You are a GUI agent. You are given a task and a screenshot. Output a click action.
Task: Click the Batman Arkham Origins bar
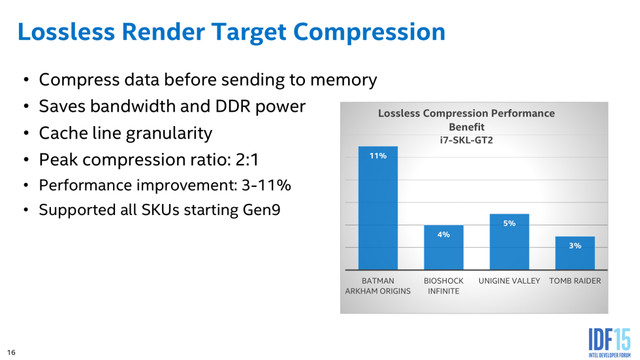pos(378,208)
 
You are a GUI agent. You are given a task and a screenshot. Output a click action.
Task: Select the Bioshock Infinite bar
pos(443,248)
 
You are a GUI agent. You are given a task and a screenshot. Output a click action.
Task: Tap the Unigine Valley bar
pos(509,242)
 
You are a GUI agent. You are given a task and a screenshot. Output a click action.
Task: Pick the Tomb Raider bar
pos(575,253)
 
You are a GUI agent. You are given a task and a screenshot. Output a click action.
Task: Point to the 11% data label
pos(378,155)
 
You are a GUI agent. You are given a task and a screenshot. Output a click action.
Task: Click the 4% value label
pos(443,235)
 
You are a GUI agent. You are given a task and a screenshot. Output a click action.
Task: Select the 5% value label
pos(509,223)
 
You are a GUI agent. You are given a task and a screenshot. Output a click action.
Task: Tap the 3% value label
pos(575,245)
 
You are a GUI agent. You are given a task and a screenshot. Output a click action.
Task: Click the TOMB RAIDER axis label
pos(575,281)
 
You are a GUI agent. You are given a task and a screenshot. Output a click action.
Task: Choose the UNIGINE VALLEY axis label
pos(509,281)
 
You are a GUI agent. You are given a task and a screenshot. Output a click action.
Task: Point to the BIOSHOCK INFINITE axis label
pos(443,286)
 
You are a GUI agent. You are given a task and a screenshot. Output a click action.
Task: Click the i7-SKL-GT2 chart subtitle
pos(466,140)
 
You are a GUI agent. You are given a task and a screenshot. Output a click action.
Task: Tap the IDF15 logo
pos(610,342)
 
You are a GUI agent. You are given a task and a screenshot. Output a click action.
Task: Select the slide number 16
pos(12,352)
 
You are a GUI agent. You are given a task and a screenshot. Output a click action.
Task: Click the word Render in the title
pos(163,32)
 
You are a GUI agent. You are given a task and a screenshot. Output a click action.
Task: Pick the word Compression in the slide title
pos(370,33)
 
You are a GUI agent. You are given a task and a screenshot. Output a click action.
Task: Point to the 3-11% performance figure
pos(266,185)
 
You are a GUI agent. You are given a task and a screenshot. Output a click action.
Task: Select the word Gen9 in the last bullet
pos(262,210)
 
